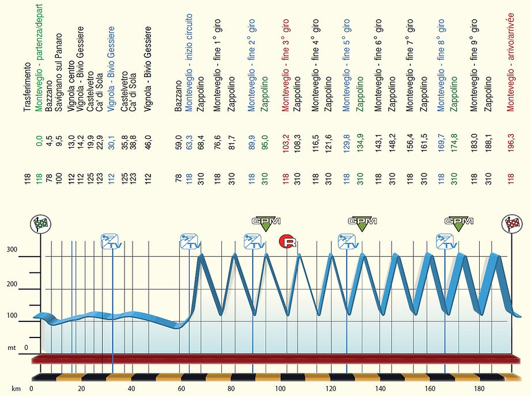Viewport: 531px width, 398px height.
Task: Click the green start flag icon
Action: pos(39,224)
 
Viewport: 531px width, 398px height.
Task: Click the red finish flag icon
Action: pos(511,224)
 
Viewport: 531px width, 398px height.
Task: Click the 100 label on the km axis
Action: pos(281,388)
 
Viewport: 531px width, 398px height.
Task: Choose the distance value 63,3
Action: pos(189,141)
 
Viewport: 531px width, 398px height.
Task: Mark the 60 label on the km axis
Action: pos(182,388)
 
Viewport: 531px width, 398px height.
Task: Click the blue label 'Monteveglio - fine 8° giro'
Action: pos(441,64)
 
